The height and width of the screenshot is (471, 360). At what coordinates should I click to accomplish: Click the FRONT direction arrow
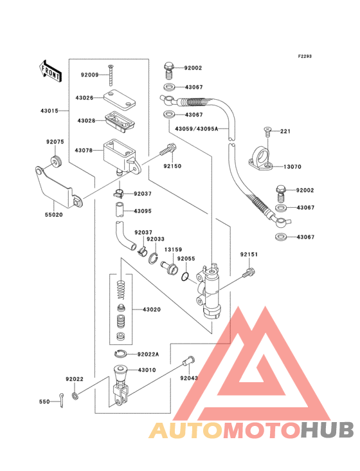point(50,71)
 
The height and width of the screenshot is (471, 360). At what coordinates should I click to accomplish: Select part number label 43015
point(50,111)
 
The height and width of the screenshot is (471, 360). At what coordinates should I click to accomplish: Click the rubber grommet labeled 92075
point(56,162)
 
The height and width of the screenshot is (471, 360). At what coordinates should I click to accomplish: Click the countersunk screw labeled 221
point(267,132)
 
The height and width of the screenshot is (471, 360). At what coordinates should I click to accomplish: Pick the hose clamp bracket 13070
point(261,158)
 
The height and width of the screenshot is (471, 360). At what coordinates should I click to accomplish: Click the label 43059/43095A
point(197,129)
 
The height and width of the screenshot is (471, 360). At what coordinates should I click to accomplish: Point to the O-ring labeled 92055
point(185,276)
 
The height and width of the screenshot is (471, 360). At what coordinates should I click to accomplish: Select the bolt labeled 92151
point(249,273)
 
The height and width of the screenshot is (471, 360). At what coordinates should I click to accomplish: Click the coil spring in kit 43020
point(122,290)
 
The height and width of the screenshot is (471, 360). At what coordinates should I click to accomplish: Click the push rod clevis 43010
point(121,385)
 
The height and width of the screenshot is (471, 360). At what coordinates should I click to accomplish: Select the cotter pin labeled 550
point(61,400)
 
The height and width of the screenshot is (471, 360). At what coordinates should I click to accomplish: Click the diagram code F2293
point(305,56)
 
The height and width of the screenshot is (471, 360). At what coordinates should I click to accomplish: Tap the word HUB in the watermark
point(327,430)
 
